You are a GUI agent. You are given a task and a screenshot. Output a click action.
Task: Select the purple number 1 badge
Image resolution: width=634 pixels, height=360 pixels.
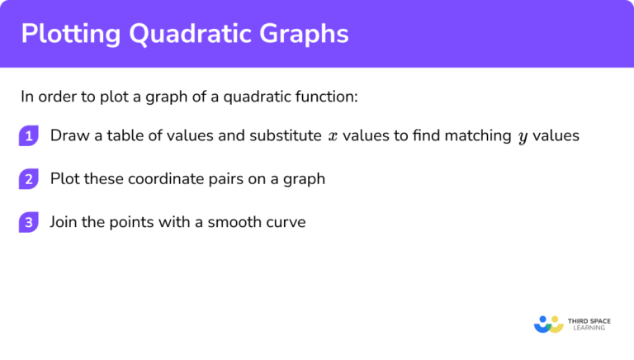pos(29,136)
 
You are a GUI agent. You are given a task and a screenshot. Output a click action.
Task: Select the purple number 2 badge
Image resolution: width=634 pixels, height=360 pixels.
pos(29,179)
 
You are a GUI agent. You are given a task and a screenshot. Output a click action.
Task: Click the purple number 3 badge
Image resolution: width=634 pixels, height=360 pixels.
pos(29,222)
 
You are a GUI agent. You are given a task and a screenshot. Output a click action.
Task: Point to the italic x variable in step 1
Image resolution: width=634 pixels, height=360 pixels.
pos(333,137)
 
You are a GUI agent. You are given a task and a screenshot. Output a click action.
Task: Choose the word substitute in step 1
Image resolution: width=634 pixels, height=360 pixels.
pos(283,136)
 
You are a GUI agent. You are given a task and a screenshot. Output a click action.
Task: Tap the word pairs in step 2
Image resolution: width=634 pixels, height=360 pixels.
pos(219,179)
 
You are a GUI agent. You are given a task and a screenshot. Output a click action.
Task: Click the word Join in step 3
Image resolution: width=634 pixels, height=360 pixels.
pos(64,222)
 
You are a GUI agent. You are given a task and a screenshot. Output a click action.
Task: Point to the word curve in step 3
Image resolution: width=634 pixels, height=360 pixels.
pos(286,222)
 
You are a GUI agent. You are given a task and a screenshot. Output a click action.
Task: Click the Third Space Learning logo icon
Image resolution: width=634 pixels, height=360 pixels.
pos(547,324)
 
